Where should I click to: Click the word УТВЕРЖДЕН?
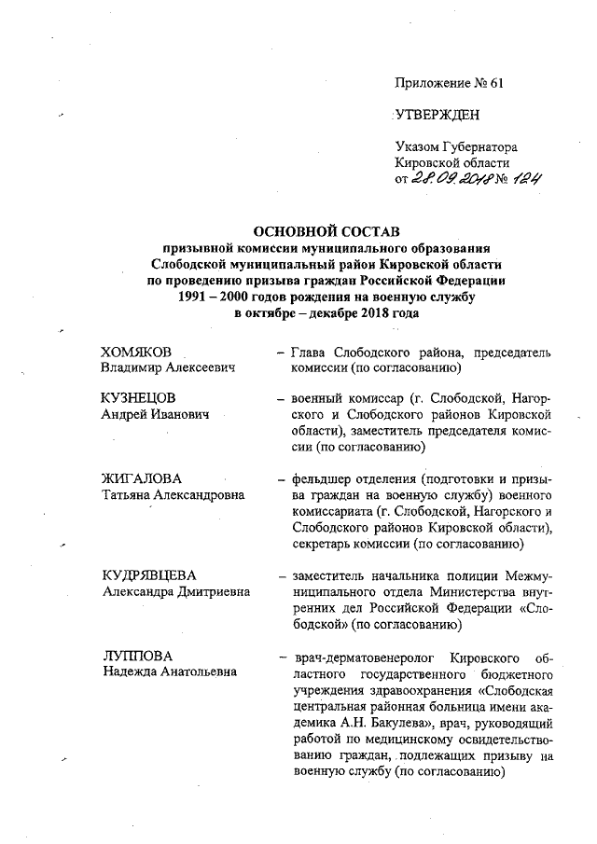click(x=438, y=114)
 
